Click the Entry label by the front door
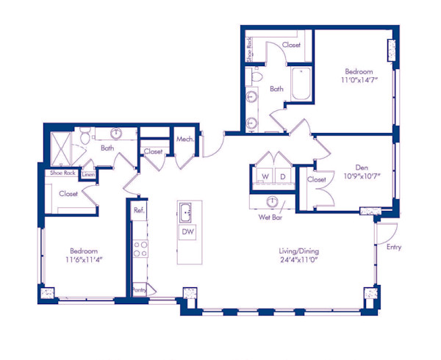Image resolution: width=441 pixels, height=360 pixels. [x=393, y=248]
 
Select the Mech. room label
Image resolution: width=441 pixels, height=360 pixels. [x=184, y=139]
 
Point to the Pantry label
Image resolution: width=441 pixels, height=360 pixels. [x=140, y=290]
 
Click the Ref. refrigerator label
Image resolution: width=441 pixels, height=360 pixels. [x=139, y=210]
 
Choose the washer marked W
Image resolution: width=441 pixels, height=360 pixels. [x=264, y=177]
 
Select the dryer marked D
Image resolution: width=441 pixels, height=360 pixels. [x=283, y=177]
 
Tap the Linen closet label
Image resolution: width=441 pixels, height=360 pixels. [x=88, y=174]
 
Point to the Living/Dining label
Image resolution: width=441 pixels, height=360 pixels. [x=292, y=251]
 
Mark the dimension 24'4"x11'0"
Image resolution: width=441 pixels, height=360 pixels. [x=292, y=261]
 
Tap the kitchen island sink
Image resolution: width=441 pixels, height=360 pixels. [x=187, y=212]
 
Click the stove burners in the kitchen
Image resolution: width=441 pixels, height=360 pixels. [x=139, y=249]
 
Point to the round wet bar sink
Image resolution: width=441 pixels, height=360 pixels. [x=273, y=202]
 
